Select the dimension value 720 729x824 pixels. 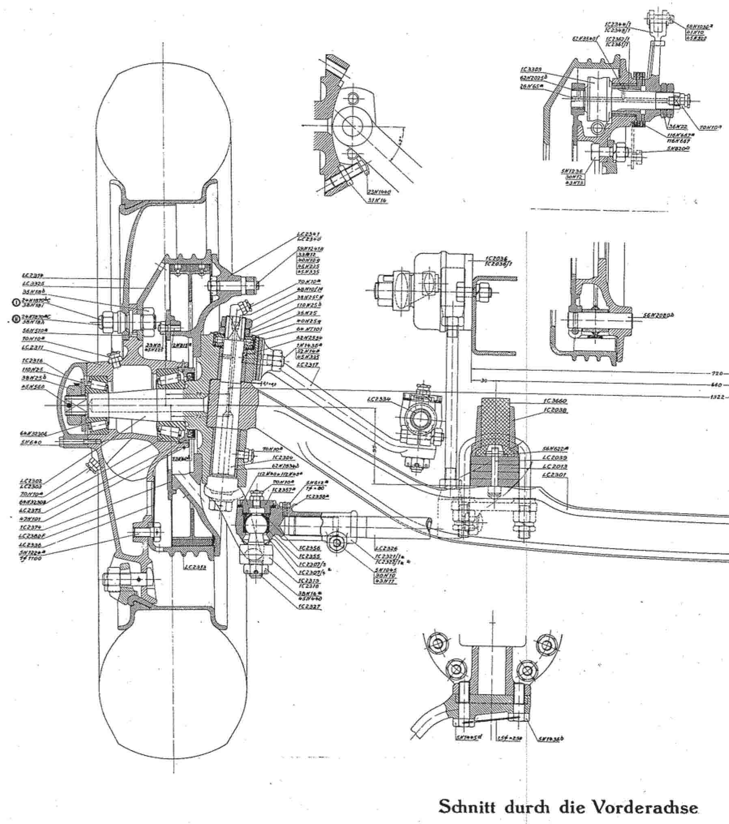tap(718, 373)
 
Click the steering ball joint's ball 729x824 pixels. tap(255, 523)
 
